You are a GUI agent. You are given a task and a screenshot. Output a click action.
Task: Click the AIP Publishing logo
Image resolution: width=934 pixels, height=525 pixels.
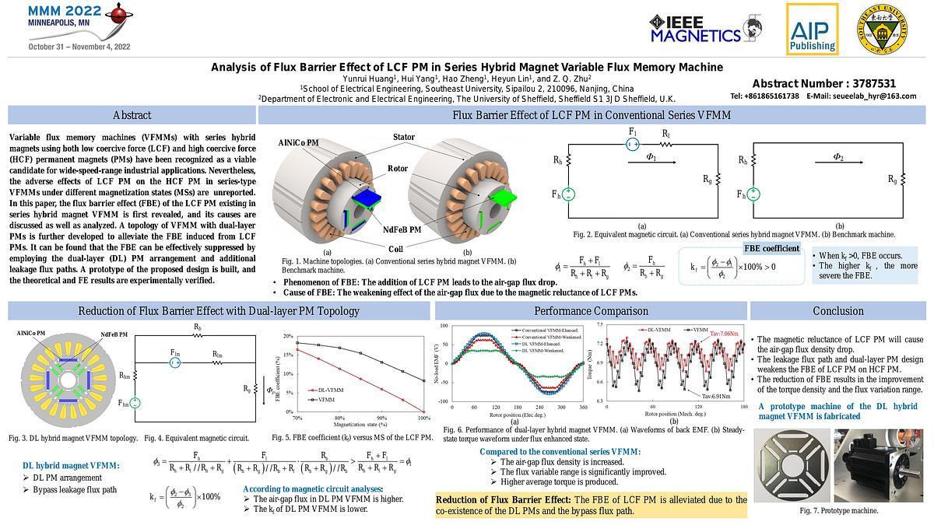812,29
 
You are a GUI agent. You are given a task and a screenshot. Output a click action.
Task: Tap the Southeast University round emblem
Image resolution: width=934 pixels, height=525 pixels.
881,29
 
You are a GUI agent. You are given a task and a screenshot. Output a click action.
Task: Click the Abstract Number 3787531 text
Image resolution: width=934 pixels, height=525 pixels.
823,84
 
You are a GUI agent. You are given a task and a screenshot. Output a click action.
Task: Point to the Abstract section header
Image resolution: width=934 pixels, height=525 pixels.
132,115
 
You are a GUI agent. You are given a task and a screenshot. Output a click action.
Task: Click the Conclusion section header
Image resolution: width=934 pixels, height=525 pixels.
837,311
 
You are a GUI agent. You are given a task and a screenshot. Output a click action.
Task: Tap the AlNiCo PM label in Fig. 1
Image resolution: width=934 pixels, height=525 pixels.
298,143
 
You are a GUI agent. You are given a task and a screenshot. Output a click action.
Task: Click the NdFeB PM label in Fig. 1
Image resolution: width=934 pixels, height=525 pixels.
402,229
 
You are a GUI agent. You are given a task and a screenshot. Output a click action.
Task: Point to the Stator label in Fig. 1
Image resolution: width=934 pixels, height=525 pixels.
403,138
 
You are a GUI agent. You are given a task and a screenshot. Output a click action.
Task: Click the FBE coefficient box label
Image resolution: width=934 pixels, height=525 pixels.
771,249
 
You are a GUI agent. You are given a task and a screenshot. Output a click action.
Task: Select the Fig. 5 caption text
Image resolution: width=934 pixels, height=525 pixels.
352,438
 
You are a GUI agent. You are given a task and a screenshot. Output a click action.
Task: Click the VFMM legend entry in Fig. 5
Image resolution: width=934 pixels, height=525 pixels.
327,399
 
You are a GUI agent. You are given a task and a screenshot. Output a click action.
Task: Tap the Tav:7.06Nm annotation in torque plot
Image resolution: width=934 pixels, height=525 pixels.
724,334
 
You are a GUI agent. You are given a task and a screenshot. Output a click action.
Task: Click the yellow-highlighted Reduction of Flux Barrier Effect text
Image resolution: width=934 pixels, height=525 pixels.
591,505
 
